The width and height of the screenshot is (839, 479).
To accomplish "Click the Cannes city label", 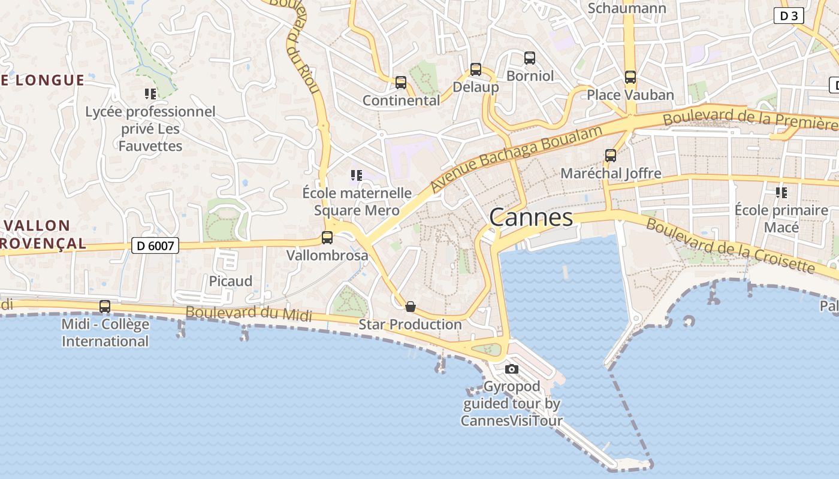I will pyautogui.click(x=531, y=217).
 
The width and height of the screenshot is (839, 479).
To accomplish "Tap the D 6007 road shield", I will pyautogui.click(x=155, y=245).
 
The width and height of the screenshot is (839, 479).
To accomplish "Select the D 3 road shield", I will pyautogui.click(x=789, y=16).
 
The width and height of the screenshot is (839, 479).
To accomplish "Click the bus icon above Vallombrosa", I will pyautogui.click(x=327, y=238).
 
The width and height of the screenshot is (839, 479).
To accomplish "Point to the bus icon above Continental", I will pyautogui.click(x=401, y=83).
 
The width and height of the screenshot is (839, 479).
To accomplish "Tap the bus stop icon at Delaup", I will pyautogui.click(x=476, y=69).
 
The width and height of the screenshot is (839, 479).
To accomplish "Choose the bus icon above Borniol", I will pyautogui.click(x=530, y=58).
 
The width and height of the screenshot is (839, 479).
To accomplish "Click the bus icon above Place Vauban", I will pyautogui.click(x=630, y=77).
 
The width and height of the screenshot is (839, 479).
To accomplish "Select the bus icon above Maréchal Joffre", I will pyautogui.click(x=611, y=156).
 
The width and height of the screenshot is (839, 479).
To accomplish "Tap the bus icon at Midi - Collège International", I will pyautogui.click(x=105, y=307).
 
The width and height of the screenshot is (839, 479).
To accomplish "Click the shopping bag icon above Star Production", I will pyautogui.click(x=411, y=307).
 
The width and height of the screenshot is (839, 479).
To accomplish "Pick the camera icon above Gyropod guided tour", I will pyautogui.click(x=511, y=369).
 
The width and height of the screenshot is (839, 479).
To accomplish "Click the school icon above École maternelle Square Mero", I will pyautogui.click(x=357, y=175).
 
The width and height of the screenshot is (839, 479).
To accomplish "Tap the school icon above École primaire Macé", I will pyautogui.click(x=781, y=193).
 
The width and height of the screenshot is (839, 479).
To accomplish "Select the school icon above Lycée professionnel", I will pyautogui.click(x=150, y=94).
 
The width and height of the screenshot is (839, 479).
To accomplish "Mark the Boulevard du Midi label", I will pyautogui.click(x=249, y=313).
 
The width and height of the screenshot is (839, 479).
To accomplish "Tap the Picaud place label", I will pyautogui.click(x=231, y=281).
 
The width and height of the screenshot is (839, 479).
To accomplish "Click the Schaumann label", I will pyautogui.click(x=627, y=8).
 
